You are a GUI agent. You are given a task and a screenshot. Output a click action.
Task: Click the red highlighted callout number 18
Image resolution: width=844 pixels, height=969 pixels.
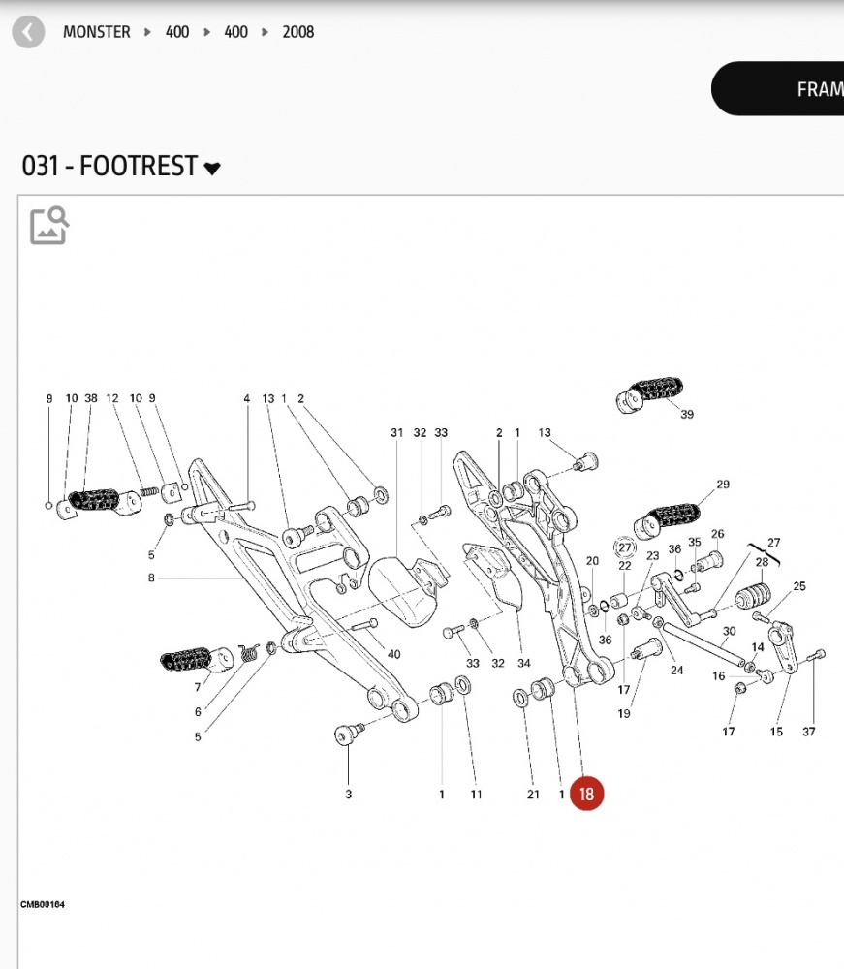coord(586,795)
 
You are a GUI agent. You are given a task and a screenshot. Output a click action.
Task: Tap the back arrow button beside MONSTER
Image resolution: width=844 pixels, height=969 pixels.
coord(28,32)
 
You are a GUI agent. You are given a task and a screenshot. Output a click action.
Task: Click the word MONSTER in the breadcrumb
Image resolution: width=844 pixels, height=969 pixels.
coord(96,32)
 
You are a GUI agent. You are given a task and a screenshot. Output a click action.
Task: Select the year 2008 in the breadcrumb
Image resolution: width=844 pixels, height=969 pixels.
coord(298,32)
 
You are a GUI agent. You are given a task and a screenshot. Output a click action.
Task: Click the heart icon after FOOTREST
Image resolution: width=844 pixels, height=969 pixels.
coord(212,169)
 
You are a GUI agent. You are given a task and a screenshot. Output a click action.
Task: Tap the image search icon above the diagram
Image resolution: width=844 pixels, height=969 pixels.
coord(49,226)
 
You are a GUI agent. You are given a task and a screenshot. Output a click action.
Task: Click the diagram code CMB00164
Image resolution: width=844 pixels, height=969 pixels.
coord(43,904)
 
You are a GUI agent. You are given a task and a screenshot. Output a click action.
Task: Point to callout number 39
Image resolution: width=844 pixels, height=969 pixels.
coord(687,415)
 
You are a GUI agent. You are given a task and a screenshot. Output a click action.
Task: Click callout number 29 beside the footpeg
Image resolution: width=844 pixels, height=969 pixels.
coord(723,484)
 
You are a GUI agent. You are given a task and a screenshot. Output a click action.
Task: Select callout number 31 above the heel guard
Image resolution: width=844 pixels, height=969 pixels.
coord(396,432)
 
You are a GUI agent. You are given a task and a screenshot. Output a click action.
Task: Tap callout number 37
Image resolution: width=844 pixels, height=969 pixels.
coord(809,732)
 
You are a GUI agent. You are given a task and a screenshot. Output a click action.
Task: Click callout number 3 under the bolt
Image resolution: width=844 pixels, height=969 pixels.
coord(349,795)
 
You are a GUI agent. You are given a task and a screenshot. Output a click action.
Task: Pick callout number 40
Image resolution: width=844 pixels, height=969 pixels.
coord(393,654)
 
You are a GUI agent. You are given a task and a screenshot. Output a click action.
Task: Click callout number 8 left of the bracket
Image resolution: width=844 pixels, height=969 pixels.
coord(152,578)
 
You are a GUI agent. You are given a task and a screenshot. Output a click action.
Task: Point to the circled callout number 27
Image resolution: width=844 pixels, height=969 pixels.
coord(624,547)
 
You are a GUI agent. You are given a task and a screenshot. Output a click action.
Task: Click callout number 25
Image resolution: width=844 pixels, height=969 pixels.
coord(799,586)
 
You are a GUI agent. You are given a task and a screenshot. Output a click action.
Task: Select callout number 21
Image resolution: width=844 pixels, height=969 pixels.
coord(532,795)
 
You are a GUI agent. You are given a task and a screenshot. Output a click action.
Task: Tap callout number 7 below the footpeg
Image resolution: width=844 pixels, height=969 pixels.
coord(198,687)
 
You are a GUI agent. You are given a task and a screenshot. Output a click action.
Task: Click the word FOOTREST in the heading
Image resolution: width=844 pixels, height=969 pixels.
coord(139,167)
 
